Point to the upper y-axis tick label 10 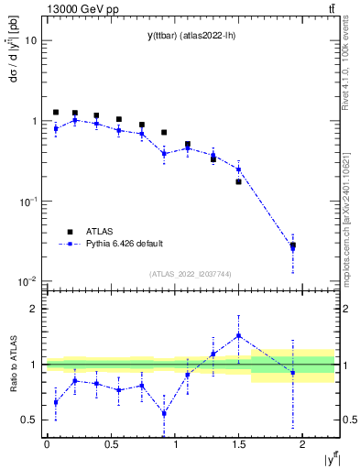click(x=31, y=41)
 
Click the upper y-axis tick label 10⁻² click(x=29, y=281)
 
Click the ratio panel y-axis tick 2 click(x=35, y=309)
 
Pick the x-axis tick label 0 click(x=47, y=443)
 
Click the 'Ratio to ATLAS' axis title click(x=12, y=364)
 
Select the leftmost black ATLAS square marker click(x=56, y=113)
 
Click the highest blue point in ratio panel click(x=238, y=335)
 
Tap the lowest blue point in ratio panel click(x=164, y=413)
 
